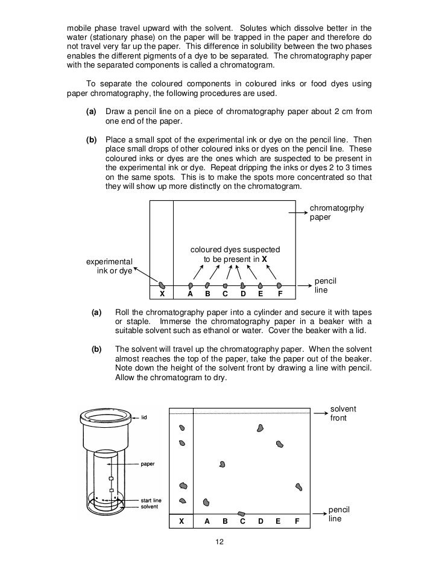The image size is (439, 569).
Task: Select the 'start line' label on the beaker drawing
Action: [150, 500]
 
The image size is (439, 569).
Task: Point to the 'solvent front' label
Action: [343, 413]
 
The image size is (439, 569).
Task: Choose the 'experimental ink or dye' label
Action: [109, 266]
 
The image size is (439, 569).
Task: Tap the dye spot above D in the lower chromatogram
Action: [260, 428]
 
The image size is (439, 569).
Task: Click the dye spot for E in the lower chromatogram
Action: [279, 444]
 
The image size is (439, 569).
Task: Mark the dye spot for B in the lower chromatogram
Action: [223, 464]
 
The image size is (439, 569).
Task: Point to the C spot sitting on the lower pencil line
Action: [241, 513]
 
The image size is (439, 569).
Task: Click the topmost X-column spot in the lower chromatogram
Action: [182, 428]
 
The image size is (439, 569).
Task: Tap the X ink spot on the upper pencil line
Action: [161, 285]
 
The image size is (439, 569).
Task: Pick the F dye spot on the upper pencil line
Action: [279, 285]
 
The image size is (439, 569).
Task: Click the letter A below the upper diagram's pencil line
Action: [190, 294]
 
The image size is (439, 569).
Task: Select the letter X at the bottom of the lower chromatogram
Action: [182, 521]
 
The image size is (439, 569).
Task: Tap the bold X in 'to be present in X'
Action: [264, 259]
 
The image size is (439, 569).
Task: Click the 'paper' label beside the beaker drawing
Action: [148, 464]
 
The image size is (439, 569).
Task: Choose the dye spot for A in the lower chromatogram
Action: [206, 501]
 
